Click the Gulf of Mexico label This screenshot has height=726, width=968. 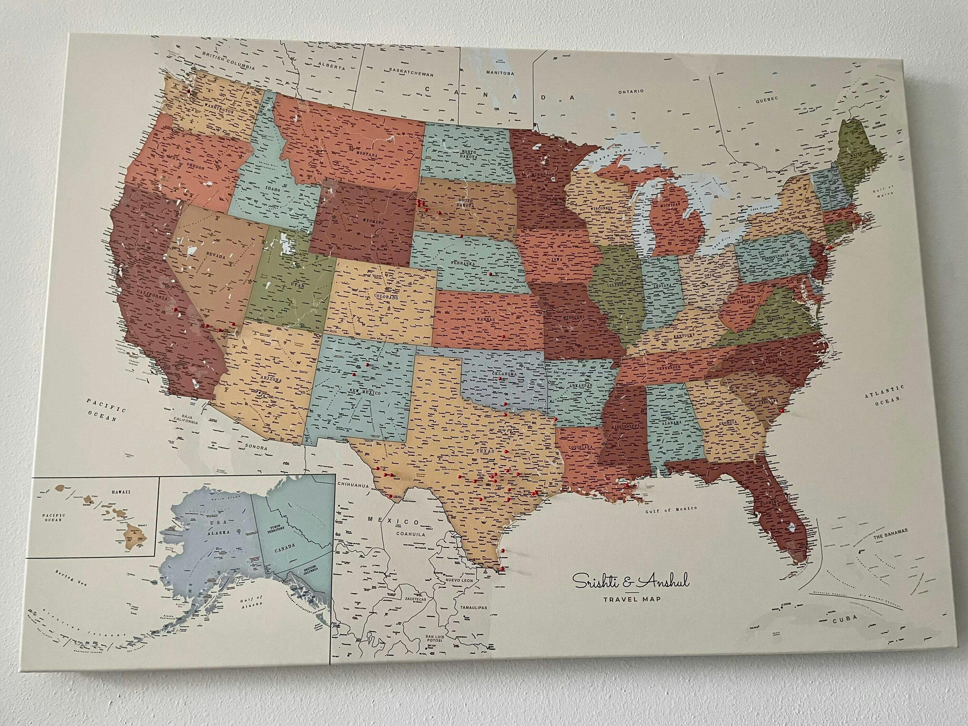671,509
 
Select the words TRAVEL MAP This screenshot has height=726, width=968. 631,598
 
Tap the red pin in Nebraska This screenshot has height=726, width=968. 490,274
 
